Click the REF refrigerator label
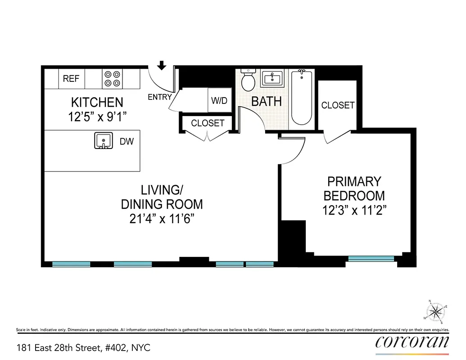pyautogui.click(x=71, y=79)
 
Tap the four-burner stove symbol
pyautogui.click(x=112, y=79)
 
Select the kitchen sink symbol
pyautogui.click(x=104, y=141)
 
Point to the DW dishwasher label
pyautogui.click(x=127, y=142)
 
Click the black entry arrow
pyautogui.click(x=162, y=66)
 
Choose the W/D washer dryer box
pyautogui.click(x=219, y=100)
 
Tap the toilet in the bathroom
pyautogui.click(x=248, y=80)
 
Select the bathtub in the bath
pyautogui.click(x=302, y=97)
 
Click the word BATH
pyautogui.click(x=266, y=101)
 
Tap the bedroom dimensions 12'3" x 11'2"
pyautogui.click(x=354, y=210)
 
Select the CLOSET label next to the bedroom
pyautogui.click(x=338, y=105)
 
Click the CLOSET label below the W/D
pyautogui.click(x=208, y=123)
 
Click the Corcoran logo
pyautogui.click(x=412, y=342)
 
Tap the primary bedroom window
pyautogui.click(x=371, y=258)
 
